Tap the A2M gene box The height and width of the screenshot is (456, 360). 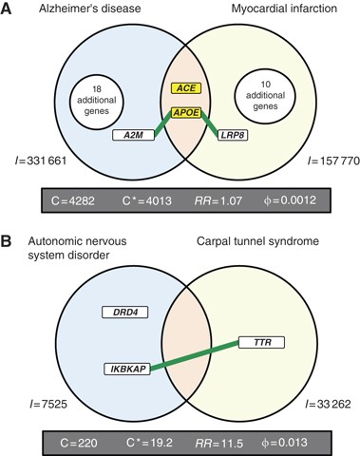[x=129, y=136]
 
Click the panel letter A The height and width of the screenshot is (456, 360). [x=9, y=9]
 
